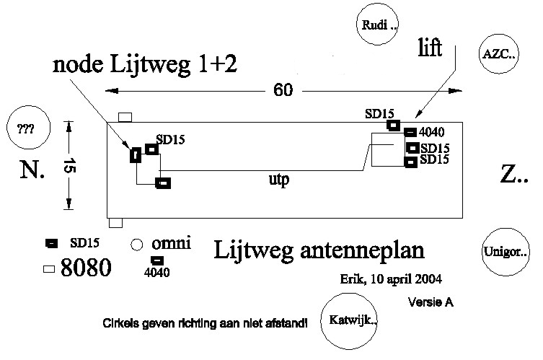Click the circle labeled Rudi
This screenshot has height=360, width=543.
[378, 27]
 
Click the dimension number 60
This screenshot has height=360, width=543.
[283, 91]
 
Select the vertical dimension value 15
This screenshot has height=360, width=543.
[70, 165]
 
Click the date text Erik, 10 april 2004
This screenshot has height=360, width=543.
[391, 278]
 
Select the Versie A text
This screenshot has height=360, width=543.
[431, 302]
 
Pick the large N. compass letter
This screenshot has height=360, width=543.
[33, 170]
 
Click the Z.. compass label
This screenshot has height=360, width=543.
[513, 174]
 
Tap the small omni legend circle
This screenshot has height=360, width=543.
[135, 245]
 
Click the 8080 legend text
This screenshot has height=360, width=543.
[86, 269]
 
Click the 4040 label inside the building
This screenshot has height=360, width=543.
[433, 132]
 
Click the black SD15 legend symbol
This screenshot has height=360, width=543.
[51, 244]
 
